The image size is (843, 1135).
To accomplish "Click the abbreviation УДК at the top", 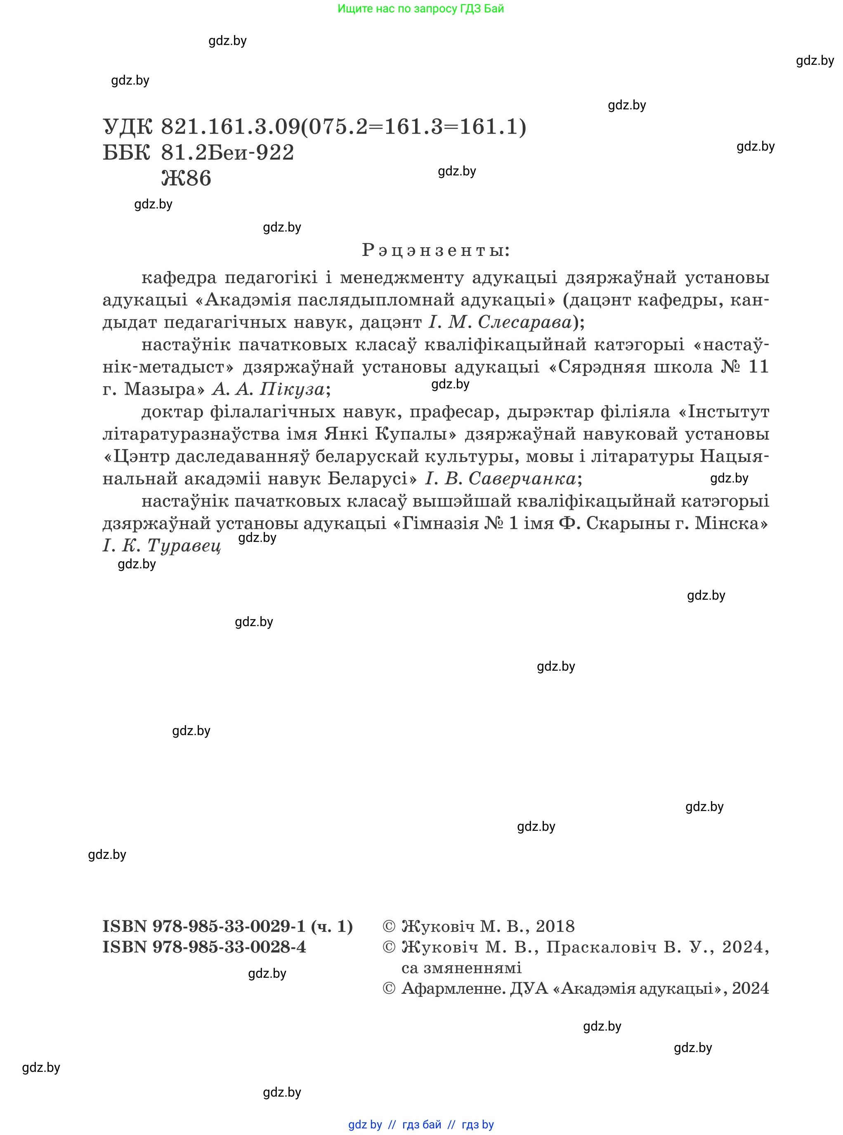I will [128, 127].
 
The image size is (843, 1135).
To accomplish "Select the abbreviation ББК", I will [127, 152].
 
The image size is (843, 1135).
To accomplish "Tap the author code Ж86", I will [186, 178].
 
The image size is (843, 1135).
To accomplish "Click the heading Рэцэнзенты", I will [435, 250].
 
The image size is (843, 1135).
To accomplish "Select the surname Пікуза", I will [291, 389].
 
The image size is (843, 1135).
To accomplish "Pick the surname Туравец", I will [184, 545].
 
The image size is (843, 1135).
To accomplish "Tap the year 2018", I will [555, 926].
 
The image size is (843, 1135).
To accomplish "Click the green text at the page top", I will [420, 9].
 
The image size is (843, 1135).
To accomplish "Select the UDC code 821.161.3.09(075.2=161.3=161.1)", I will [343, 127].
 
